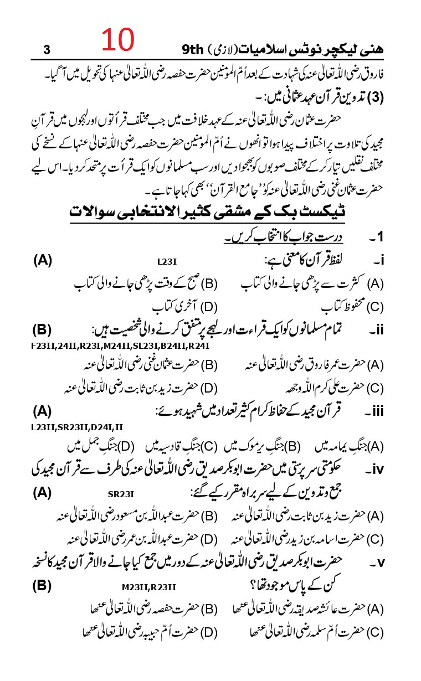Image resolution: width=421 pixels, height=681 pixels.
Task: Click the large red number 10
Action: click(x=117, y=40)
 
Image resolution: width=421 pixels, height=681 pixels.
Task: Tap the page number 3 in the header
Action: click(x=47, y=50)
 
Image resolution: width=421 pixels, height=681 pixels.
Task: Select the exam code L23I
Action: click(x=166, y=260)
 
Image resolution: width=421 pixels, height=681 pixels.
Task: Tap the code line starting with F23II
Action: click(x=120, y=346)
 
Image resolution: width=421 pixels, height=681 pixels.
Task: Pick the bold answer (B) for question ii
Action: click(x=42, y=331)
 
